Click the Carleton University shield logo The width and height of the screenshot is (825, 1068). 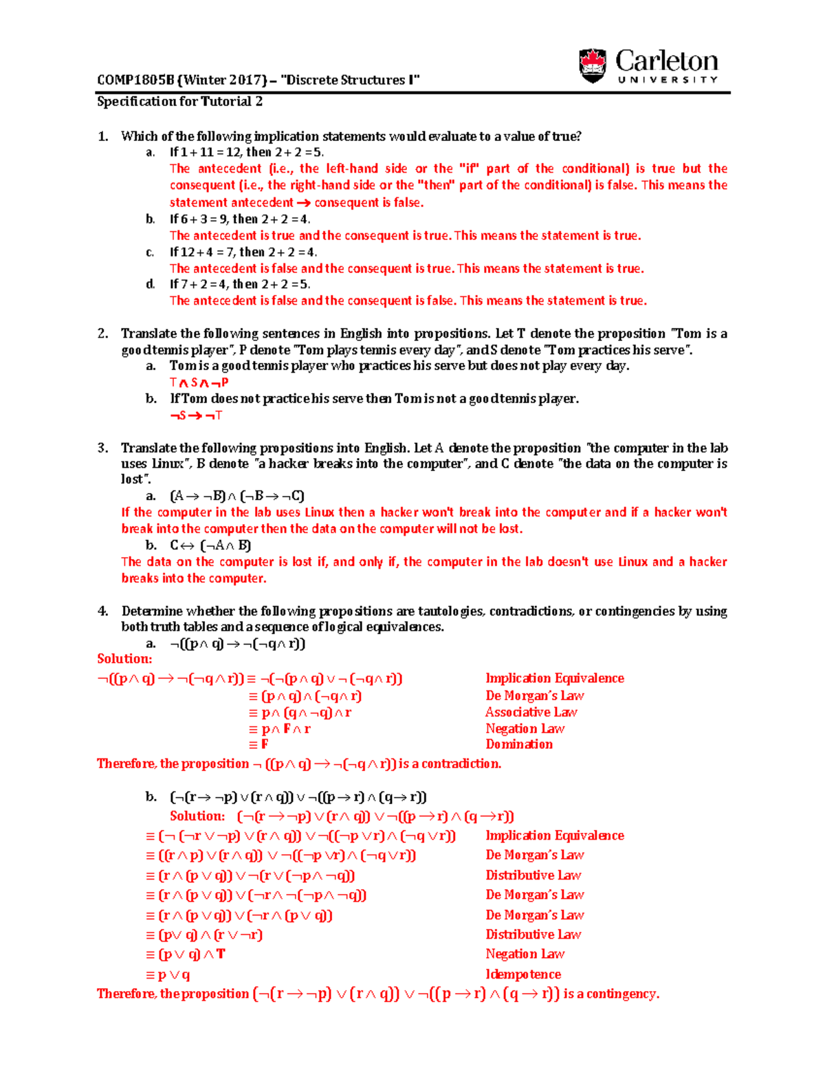tap(593, 66)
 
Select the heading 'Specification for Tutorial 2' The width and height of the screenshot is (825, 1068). tap(179, 102)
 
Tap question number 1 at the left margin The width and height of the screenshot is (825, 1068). tap(102, 136)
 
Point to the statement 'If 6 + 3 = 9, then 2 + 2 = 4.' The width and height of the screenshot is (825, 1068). tap(240, 219)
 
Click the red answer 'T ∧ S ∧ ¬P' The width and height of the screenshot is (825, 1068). tap(199, 383)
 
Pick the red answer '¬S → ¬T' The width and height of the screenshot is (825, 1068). tap(196, 415)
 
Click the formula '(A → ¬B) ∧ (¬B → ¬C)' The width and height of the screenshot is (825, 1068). tap(237, 496)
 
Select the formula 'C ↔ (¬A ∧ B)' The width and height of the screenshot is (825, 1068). tap(210, 545)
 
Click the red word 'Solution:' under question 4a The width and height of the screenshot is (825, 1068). tap(124, 659)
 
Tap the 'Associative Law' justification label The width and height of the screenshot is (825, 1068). tap(531, 712)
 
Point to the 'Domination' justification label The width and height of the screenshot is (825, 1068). tap(519, 744)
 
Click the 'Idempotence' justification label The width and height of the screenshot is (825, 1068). tap(523, 974)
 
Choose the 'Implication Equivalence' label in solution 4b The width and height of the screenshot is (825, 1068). tap(555, 836)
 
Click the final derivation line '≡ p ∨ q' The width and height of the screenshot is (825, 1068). tap(168, 974)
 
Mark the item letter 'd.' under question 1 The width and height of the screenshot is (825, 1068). tap(151, 285)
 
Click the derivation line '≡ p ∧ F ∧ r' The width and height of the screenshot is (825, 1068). tap(280, 729)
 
